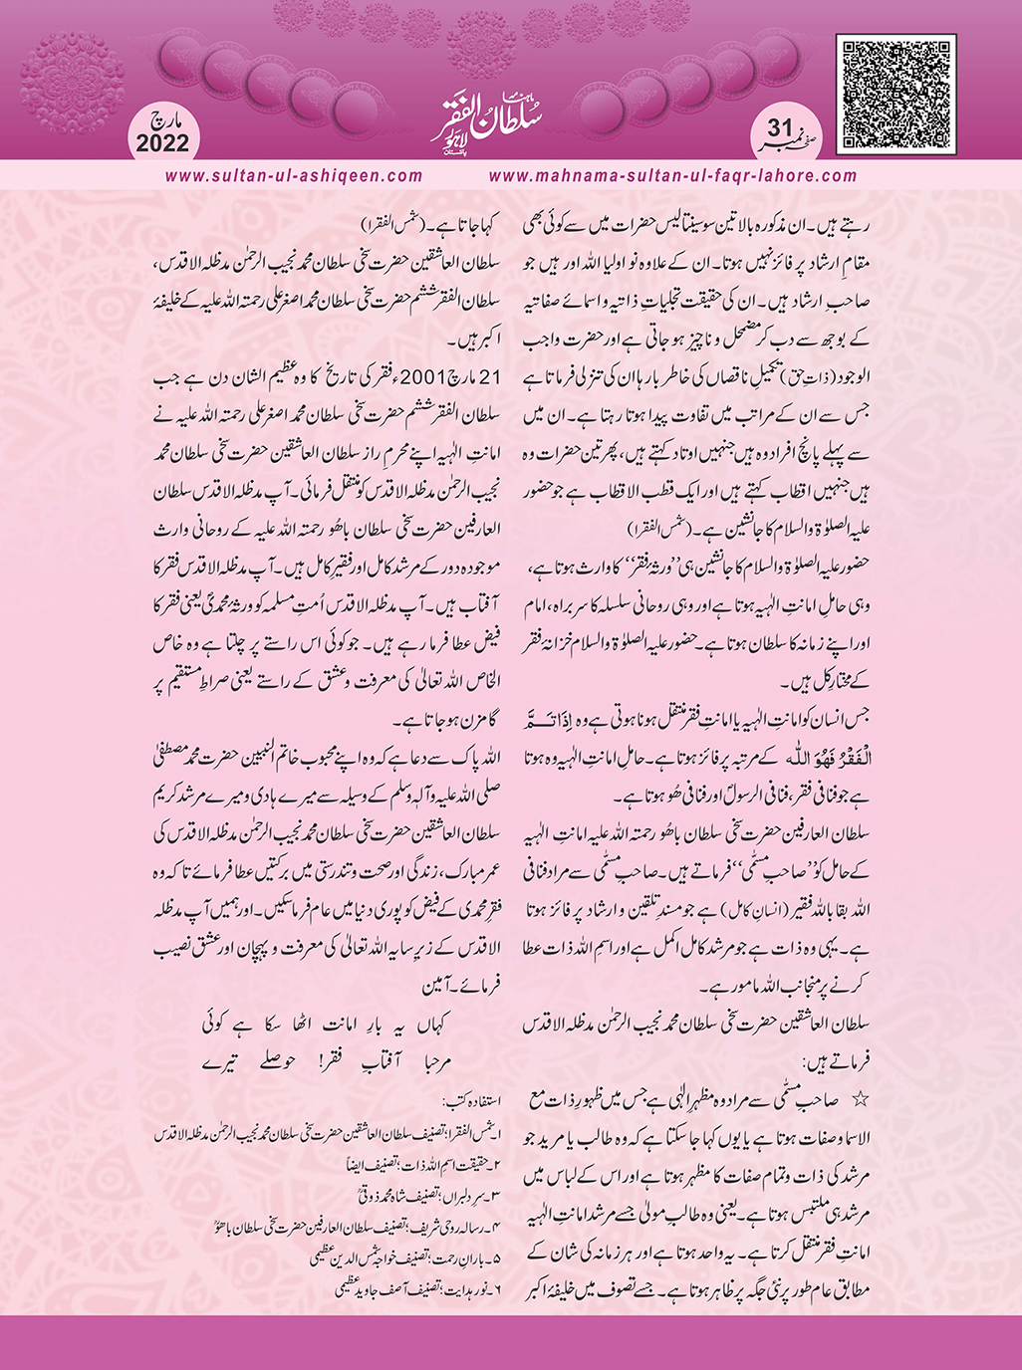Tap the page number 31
[779, 127]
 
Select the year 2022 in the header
[162, 142]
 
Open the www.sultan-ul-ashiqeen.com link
[294, 175]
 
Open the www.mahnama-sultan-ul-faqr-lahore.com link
[673, 175]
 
